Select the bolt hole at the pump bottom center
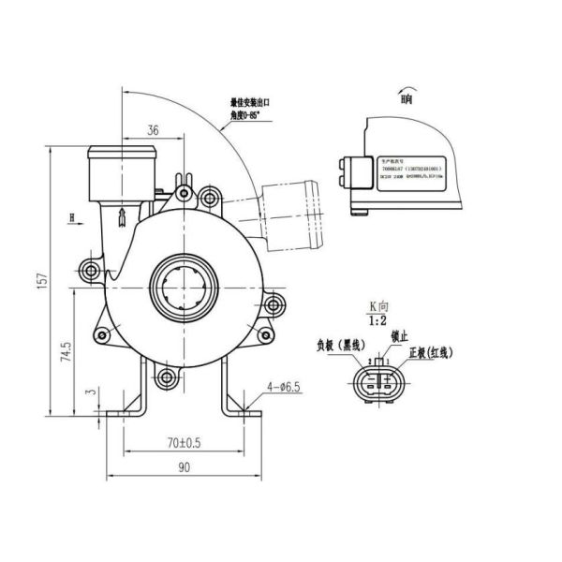click(x=167, y=377)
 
